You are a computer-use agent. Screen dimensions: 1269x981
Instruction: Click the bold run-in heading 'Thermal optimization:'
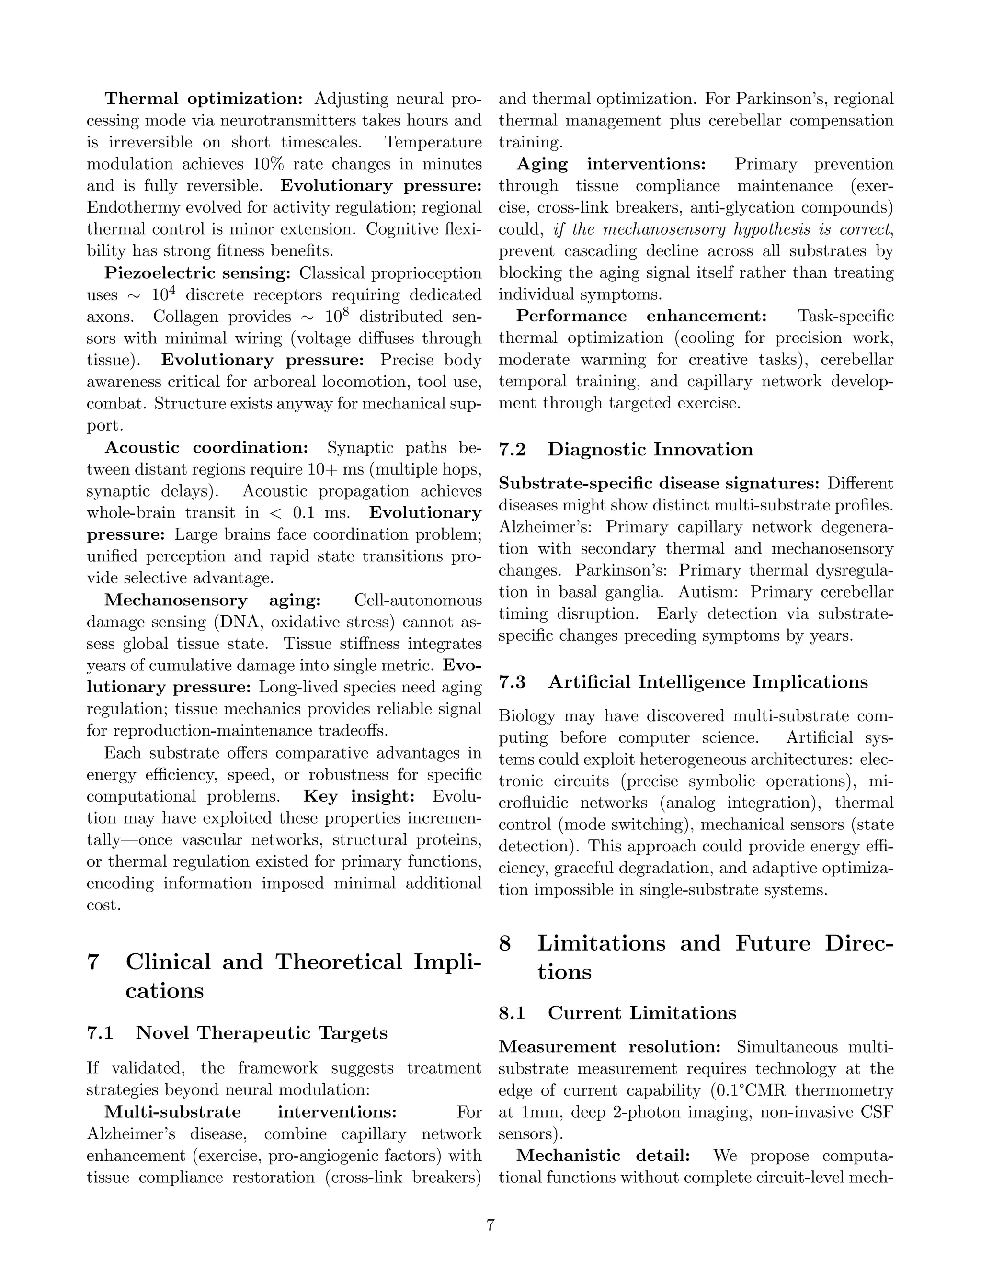[x=204, y=99]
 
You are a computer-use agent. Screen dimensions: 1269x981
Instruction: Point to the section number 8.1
[x=512, y=1013]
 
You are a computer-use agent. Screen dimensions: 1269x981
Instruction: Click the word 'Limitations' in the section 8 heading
[x=601, y=943]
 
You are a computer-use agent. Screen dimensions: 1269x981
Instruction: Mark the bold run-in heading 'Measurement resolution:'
[x=610, y=1047]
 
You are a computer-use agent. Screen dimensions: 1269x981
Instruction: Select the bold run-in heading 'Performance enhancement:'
[x=641, y=316]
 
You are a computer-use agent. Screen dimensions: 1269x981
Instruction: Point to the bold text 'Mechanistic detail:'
[x=603, y=1156]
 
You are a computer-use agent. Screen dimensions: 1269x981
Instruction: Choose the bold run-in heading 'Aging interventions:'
[x=611, y=164]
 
